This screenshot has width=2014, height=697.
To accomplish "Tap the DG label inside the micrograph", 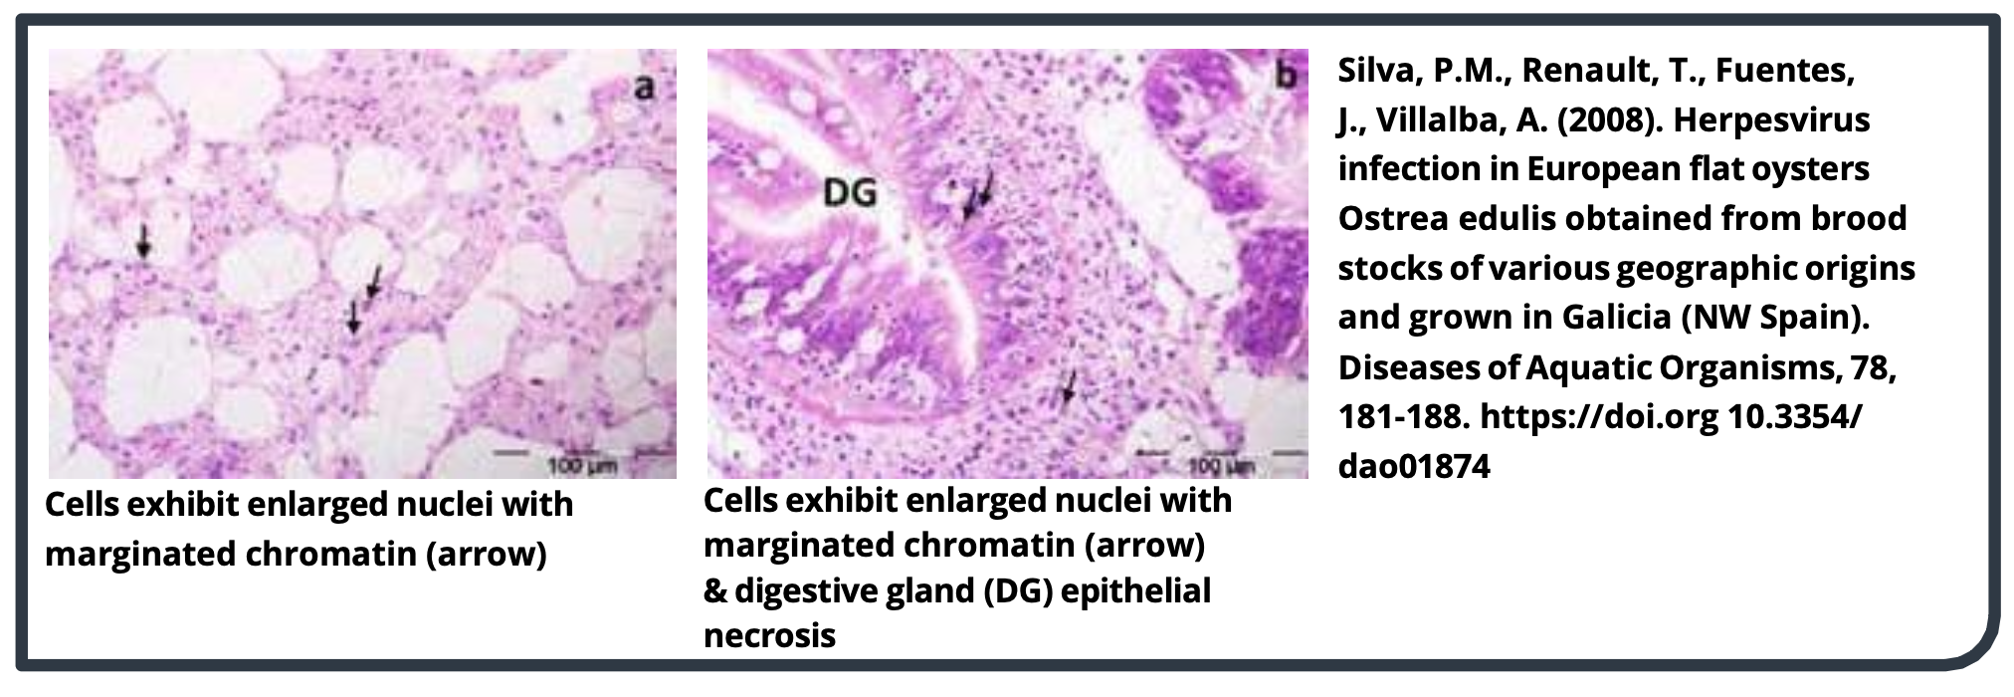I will (x=850, y=191).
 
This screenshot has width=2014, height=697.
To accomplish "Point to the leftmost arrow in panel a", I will (x=144, y=240).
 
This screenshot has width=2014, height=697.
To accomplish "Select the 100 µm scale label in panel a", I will (x=582, y=465).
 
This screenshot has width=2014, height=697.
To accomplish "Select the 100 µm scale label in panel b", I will (x=1221, y=465).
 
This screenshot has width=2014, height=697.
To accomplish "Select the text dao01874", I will (x=1414, y=465).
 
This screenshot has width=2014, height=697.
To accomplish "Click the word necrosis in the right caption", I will (x=769, y=635).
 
